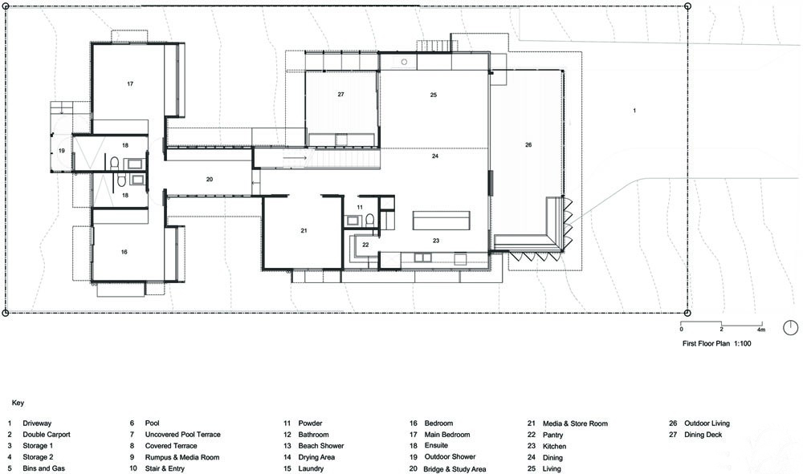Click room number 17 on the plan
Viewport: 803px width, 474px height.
(130, 84)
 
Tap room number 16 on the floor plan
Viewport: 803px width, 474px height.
(124, 252)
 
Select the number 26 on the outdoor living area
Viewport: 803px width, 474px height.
(528, 145)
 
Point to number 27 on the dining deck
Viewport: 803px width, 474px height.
(340, 95)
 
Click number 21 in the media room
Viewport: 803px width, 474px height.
(304, 231)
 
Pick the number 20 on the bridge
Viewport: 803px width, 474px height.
(210, 180)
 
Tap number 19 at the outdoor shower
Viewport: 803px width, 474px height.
(62, 151)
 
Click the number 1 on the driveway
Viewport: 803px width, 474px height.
(634, 111)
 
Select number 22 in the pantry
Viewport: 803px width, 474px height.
(365, 245)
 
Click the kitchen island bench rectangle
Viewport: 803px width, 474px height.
(442, 221)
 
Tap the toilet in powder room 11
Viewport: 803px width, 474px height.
(369, 220)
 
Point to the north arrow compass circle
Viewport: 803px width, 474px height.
(791, 328)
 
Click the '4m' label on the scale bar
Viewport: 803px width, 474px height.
(761, 330)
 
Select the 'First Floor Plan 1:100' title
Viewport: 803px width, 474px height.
(716, 343)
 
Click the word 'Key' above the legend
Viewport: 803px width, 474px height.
(18, 403)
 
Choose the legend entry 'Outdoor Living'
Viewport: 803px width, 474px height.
(707, 423)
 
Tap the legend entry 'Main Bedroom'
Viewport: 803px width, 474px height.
(447, 435)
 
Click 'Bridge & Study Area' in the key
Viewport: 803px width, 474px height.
(454, 469)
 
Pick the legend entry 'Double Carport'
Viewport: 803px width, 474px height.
(47, 435)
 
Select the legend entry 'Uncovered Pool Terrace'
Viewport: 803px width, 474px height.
(183, 435)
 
